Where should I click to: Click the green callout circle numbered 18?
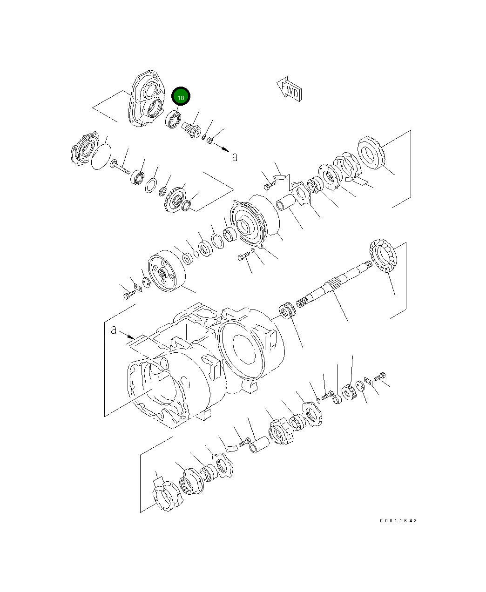[x=181, y=97]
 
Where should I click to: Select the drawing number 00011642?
[x=398, y=520]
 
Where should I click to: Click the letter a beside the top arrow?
[x=235, y=157]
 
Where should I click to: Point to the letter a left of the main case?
[x=114, y=330]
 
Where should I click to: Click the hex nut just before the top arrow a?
[x=209, y=140]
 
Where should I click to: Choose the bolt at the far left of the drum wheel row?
[x=129, y=295]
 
